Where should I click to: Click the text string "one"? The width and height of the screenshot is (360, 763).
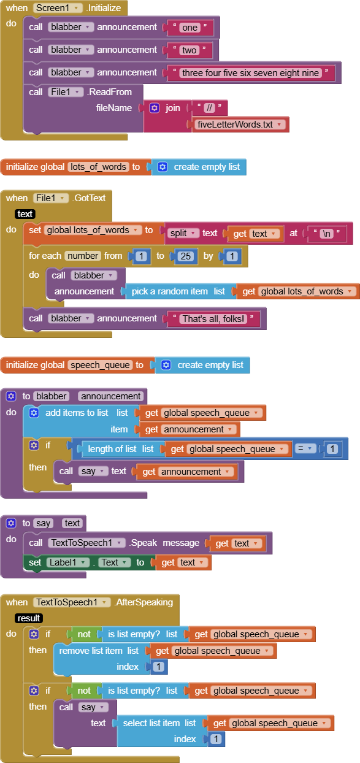[x=190, y=28]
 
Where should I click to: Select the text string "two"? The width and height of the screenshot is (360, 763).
[x=189, y=50]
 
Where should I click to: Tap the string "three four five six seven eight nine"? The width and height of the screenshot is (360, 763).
[x=250, y=73]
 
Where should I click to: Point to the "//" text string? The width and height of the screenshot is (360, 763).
[x=210, y=108]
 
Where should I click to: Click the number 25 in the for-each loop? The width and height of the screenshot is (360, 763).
[x=186, y=256]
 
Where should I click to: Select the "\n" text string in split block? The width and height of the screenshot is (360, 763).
[x=327, y=233]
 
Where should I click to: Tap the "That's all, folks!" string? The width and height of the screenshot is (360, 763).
[x=213, y=319]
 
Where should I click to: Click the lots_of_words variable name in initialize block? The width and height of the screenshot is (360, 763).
[x=98, y=167]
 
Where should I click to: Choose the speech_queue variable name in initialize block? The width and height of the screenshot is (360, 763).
[x=100, y=365]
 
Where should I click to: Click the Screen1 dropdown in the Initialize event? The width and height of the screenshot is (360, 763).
[x=58, y=8]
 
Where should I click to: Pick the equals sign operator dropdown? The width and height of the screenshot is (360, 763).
[x=305, y=448]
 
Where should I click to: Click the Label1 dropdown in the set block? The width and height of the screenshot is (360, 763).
[x=67, y=562]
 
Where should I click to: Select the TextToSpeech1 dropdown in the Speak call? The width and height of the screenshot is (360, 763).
[x=86, y=543]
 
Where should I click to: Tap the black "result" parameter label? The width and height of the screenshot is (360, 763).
[x=29, y=618]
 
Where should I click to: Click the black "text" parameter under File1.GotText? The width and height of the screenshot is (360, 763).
[x=25, y=214]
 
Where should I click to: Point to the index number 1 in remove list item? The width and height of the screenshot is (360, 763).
[x=158, y=667]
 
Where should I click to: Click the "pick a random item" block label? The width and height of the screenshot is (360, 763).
[x=170, y=291]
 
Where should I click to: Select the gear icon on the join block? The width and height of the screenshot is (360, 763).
[x=155, y=108]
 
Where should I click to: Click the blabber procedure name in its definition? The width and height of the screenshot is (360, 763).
[x=52, y=396]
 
